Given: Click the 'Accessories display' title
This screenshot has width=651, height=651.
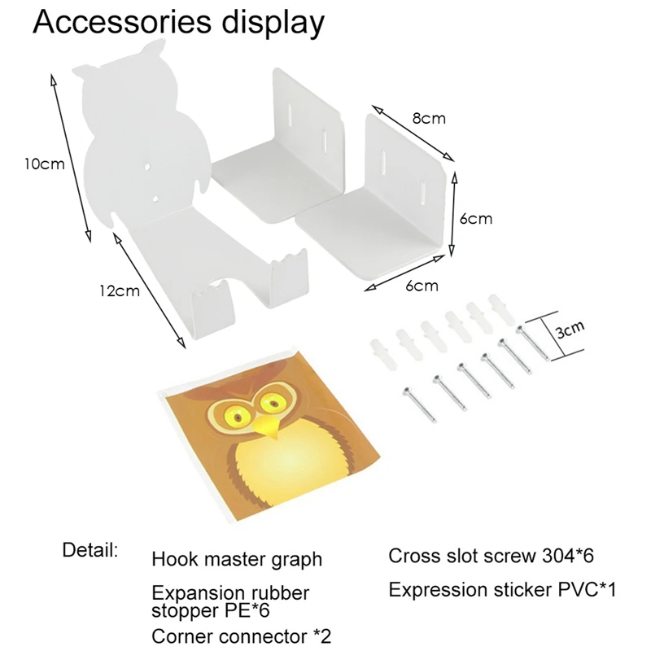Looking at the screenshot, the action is click(x=178, y=24).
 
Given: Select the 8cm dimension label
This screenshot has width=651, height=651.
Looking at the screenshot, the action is click(x=428, y=118).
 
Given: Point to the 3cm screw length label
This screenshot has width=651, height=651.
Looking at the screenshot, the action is click(x=570, y=329).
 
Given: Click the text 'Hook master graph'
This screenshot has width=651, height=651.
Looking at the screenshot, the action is click(x=237, y=560).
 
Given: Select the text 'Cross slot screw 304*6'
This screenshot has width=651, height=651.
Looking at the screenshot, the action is click(x=492, y=557).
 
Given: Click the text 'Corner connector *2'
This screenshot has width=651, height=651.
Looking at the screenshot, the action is click(x=242, y=635).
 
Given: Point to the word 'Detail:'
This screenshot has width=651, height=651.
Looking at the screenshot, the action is click(x=90, y=549).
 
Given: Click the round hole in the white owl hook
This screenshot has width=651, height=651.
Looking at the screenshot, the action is click(x=146, y=167).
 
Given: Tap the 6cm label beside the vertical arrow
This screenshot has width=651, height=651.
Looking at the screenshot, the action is click(x=474, y=219).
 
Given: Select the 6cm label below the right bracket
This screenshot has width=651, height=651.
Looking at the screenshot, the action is click(x=422, y=286).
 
